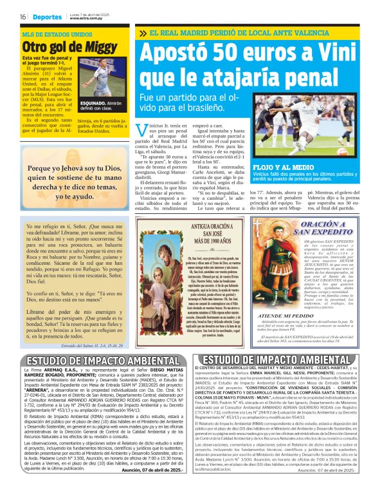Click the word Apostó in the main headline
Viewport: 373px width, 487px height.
(x=176, y=53)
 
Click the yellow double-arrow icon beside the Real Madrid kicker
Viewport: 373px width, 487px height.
(x=141, y=32)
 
